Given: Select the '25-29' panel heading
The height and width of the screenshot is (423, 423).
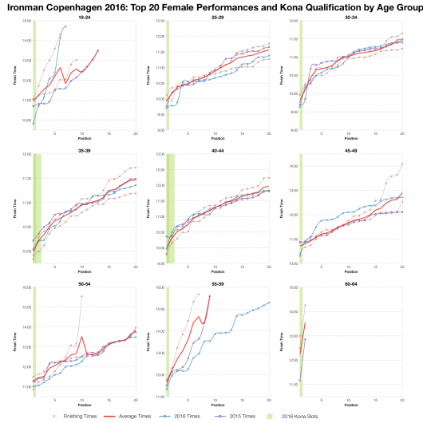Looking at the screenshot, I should [x=216, y=15].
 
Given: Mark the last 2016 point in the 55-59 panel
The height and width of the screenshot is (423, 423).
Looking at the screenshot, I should [x=269, y=302].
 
